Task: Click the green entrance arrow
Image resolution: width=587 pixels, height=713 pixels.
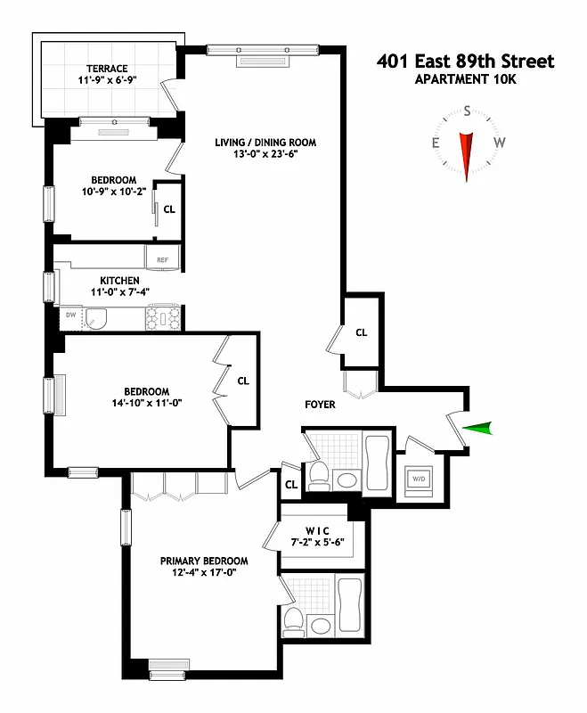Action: [478, 430]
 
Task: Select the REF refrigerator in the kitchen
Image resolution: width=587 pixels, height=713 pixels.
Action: [163, 259]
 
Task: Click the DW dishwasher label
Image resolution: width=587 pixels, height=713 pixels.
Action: [70, 315]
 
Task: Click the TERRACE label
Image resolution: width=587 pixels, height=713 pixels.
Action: [108, 69]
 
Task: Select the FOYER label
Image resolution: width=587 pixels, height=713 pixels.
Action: [320, 405]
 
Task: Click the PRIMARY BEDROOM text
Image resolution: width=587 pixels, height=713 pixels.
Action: [204, 561]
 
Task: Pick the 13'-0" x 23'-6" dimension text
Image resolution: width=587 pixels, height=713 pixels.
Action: [265, 155]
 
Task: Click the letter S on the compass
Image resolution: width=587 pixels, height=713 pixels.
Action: [467, 112]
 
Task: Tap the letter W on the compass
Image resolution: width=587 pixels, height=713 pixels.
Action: [500, 143]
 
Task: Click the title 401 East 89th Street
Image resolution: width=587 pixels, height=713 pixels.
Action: [465, 61]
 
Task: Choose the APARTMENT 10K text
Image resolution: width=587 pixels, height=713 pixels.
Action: [465, 80]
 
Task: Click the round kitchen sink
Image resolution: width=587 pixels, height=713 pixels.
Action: [96, 317]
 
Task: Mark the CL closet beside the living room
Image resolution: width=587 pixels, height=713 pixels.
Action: [361, 332]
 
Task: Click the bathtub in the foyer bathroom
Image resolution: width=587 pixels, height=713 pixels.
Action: [376, 459]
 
